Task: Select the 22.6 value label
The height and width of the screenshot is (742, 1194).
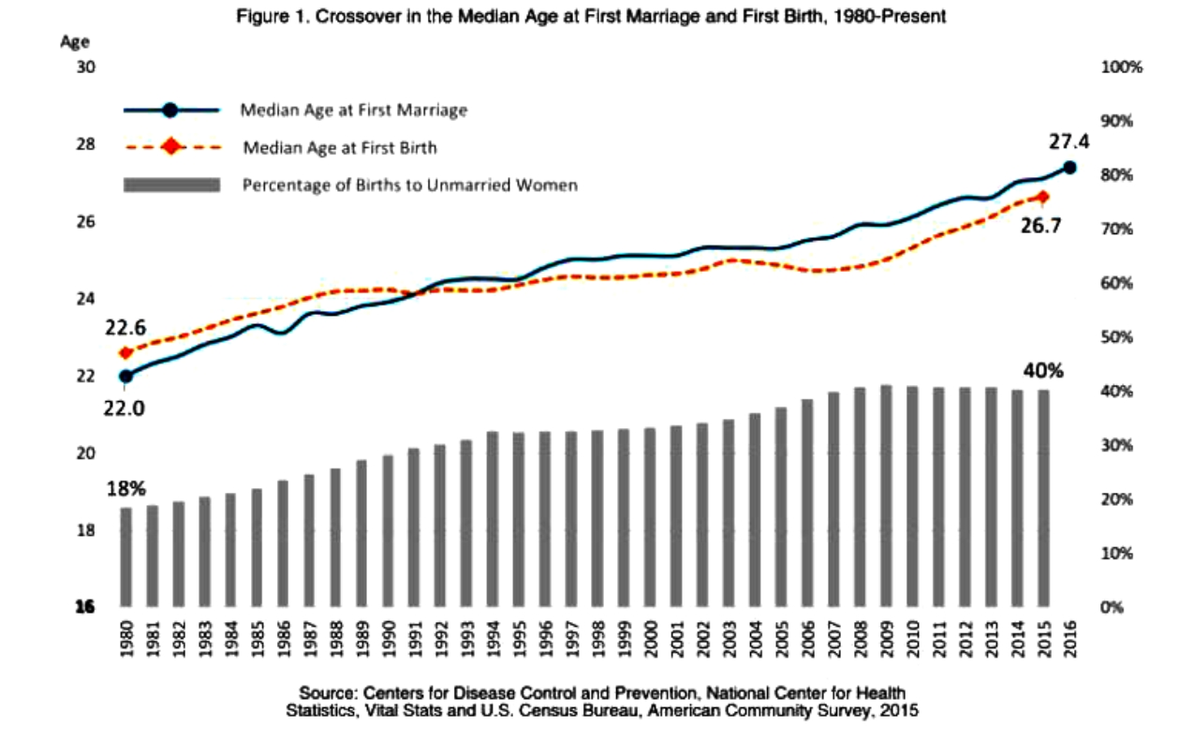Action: click(125, 327)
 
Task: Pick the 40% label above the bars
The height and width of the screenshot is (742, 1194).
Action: click(1040, 370)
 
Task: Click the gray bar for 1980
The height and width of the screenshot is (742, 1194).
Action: click(125, 556)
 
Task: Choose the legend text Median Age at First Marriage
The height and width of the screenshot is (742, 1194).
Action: click(353, 111)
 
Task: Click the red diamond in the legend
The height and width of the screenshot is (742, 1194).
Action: click(170, 147)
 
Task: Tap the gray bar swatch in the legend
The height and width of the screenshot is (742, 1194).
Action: click(170, 185)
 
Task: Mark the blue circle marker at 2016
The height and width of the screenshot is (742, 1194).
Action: click(1069, 169)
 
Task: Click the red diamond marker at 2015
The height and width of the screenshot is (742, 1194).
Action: click(1044, 197)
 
